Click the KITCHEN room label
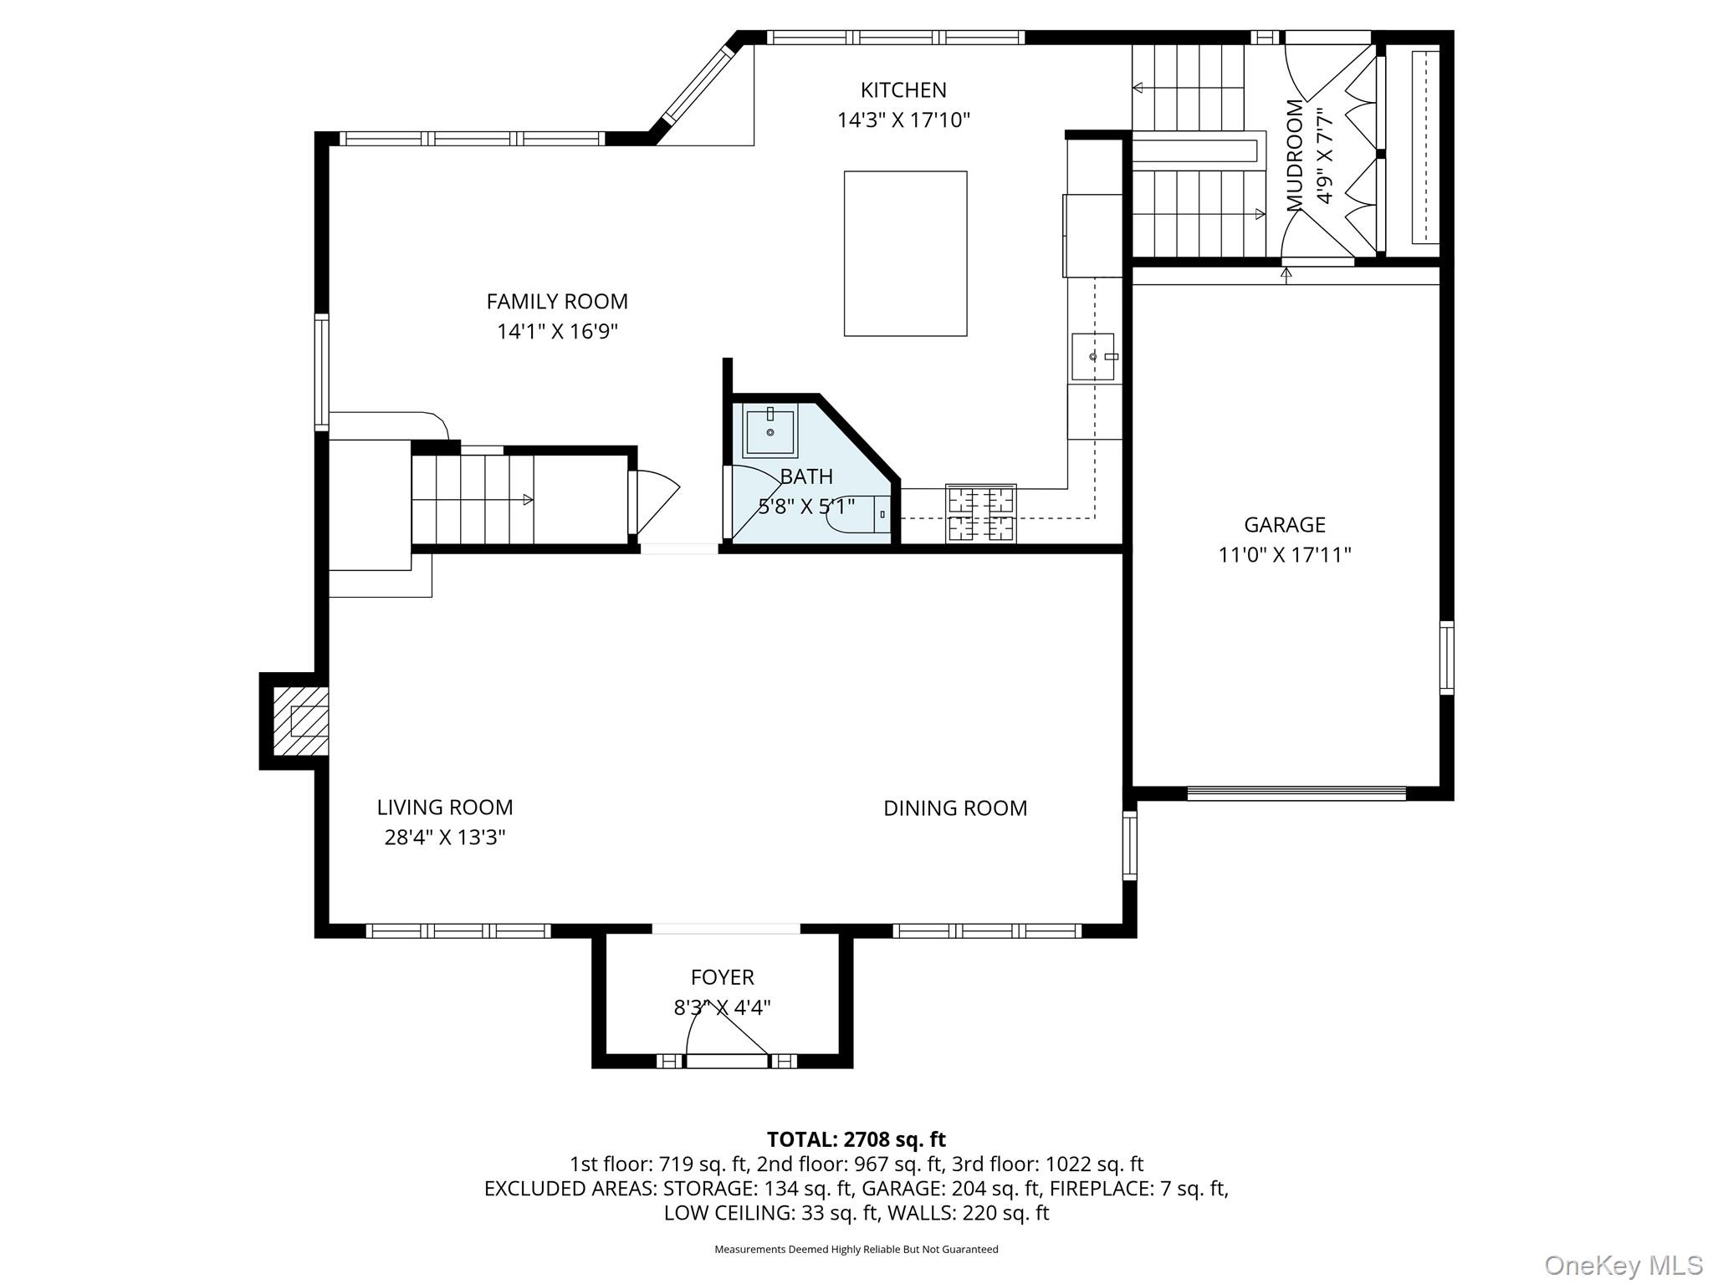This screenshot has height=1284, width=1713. click(x=903, y=89)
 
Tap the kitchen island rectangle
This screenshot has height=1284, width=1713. click(x=905, y=253)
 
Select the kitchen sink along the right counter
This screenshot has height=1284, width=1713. click(x=1093, y=356)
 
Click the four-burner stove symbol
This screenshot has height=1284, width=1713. click(x=980, y=513)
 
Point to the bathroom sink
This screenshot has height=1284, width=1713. click(x=770, y=431)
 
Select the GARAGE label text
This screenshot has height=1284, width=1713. click(x=1284, y=525)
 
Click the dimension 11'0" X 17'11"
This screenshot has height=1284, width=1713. click(x=1284, y=555)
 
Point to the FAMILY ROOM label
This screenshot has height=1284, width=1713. click(x=557, y=301)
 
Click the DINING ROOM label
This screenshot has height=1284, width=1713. click(x=955, y=808)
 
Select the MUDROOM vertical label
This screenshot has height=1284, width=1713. click(x=1295, y=155)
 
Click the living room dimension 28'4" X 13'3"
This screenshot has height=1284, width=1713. click(x=444, y=838)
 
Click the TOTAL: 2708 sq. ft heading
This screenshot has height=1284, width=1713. click(x=856, y=1139)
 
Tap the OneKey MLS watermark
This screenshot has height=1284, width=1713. click(x=1623, y=1265)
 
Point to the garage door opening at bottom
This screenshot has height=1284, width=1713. click(x=1296, y=793)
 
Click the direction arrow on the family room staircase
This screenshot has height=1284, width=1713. click(x=527, y=500)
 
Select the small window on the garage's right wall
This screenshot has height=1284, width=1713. click(x=1446, y=658)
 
